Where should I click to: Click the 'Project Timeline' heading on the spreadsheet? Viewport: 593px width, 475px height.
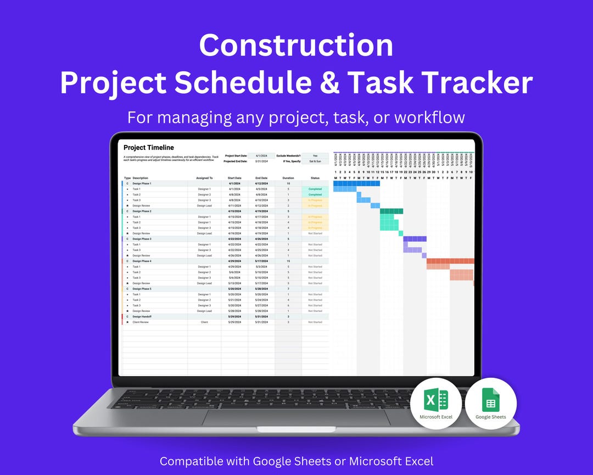pyautogui.click(x=148, y=148)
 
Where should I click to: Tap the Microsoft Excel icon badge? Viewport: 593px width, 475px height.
pyautogui.click(x=436, y=404)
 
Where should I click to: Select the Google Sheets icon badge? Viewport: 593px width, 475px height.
pyautogui.click(x=490, y=404)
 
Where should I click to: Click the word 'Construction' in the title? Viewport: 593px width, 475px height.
pyautogui.click(x=296, y=46)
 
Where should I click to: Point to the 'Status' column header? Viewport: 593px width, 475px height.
pyautogui.click(x=315, y=178)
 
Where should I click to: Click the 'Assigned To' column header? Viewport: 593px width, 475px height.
pyautogui.click(x=204, y=178)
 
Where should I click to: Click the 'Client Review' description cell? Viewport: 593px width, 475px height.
pyautogui.click(x=141, y=322)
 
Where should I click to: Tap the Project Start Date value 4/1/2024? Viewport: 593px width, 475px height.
pyautogui.click(x=261, y=156)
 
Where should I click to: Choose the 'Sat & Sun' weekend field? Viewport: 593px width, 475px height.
pyautogui.click(x=315, y=161)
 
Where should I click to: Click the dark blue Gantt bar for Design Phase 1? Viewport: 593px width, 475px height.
pyautogui.click(x=356, y=183)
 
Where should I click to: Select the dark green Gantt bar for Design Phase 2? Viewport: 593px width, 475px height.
pyautogui.click(x=391, y=211)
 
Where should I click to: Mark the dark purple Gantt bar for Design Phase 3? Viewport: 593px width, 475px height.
pyautogui.click(x=415, y=239)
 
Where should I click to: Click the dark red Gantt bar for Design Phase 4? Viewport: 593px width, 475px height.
pyautogui.click(x=450, y=261)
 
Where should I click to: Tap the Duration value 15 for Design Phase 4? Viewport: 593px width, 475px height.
pyautogui.click(x=288, y=261)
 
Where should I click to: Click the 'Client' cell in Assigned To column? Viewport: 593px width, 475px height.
pyautogui.click(x=204, y=322)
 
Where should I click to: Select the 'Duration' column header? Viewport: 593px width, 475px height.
pyautogui.click(x=288, y=178)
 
